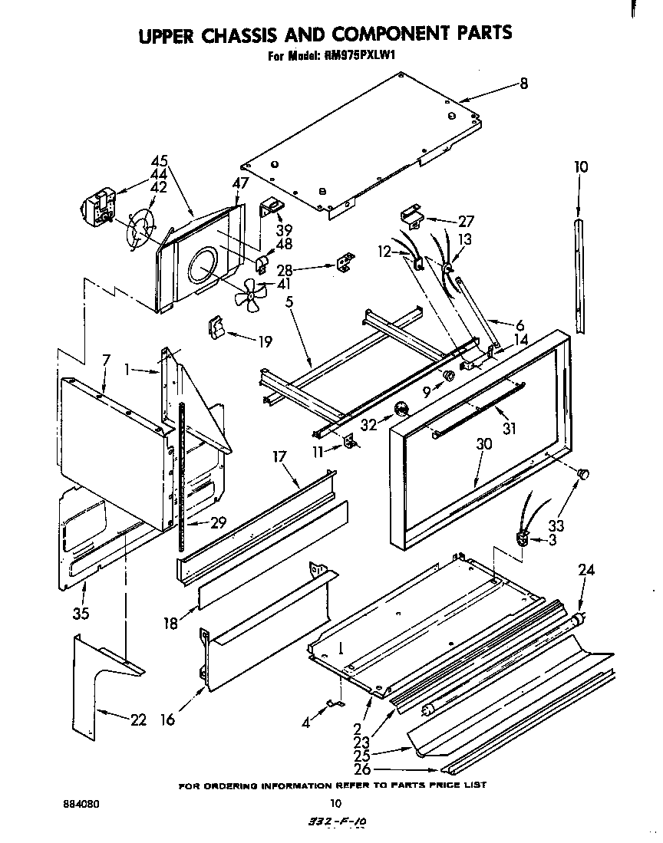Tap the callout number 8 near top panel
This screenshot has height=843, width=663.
point(524,84)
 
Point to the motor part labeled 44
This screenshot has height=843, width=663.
point(97,209)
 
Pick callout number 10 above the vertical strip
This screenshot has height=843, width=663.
point(581,166)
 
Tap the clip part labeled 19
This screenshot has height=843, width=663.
point(213,328)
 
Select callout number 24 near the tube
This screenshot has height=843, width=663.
point(586,570)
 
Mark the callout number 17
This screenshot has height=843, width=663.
point(279,457)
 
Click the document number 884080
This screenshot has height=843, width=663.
point(81,805)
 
